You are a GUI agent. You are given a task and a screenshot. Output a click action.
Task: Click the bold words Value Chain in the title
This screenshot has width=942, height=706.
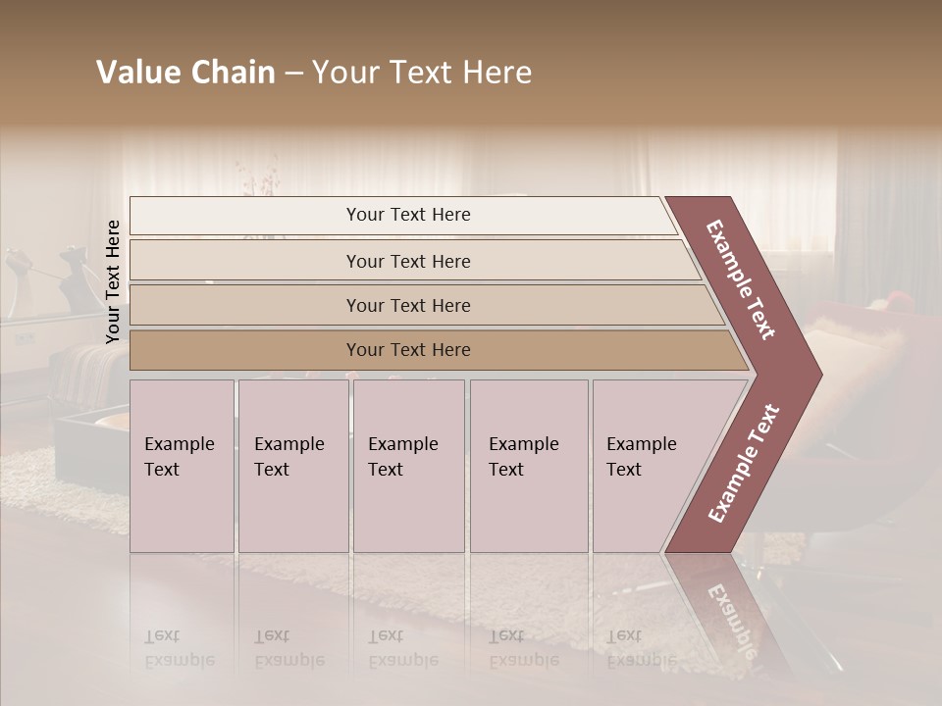pos(185,73)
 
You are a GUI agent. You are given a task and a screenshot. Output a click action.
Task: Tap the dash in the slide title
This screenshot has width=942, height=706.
pos(293,73)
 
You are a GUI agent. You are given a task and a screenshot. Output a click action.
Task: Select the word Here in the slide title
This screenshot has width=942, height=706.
pos(498,73)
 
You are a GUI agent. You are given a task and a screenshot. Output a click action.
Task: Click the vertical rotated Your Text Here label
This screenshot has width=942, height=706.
pos(113,281)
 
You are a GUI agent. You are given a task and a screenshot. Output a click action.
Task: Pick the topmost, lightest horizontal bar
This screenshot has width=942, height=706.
pos(402,215)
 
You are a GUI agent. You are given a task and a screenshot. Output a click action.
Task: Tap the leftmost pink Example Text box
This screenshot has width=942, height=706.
pos(182,465)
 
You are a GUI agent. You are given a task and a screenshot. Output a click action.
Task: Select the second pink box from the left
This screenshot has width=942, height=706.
pos(292,465)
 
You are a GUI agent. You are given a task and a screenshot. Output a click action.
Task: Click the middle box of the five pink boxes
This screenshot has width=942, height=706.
pos(408,465)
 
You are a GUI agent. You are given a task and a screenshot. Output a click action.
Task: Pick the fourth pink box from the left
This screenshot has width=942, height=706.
pos(528,465)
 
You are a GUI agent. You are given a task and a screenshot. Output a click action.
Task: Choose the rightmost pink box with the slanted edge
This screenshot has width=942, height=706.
pos(648,465)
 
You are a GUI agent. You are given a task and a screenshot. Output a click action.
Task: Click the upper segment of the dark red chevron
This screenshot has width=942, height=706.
pos(743,280)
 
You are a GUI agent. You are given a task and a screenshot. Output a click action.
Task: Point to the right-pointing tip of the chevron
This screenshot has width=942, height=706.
pos(816,374)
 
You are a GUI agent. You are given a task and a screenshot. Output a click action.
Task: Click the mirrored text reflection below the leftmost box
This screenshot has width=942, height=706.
pos(179,648)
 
